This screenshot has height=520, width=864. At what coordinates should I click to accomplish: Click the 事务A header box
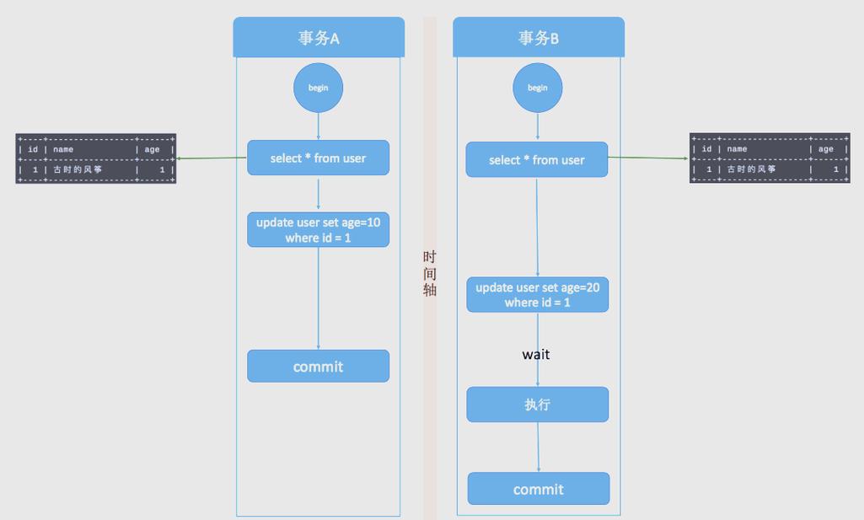pos(319,38)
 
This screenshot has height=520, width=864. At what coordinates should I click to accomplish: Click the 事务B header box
pos(538,38)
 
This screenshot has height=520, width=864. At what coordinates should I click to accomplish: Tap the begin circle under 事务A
pos(318,88)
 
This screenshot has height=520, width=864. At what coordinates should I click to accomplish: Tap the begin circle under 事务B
pos(538,88)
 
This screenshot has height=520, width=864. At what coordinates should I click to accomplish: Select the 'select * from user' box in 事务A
pos(318,158)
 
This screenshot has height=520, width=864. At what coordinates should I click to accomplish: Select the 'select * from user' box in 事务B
pos(536,160)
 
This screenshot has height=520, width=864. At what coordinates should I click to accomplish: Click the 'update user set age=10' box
pos(318,229)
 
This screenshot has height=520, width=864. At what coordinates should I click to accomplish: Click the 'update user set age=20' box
pos(537,294)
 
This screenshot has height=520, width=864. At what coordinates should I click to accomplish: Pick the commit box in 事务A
pos(318,367)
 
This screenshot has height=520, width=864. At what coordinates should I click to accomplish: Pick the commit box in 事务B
pos(538,489)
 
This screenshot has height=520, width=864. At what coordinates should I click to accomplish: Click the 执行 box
pos(537,405)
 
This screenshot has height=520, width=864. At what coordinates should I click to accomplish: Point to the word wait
pos(535,355)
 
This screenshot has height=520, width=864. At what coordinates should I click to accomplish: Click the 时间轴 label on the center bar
pos(430,273)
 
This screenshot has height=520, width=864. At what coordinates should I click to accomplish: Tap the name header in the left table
pos(63,149)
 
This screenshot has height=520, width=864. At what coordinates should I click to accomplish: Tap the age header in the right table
pos(825,149)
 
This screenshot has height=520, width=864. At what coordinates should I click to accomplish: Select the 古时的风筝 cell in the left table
pos(78,169)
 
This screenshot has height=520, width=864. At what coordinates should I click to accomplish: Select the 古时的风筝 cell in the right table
pos(752,169)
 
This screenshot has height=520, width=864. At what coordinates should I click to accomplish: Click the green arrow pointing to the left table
pos(211,158)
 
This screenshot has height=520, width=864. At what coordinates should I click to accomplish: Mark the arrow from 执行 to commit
pos(539,447)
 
